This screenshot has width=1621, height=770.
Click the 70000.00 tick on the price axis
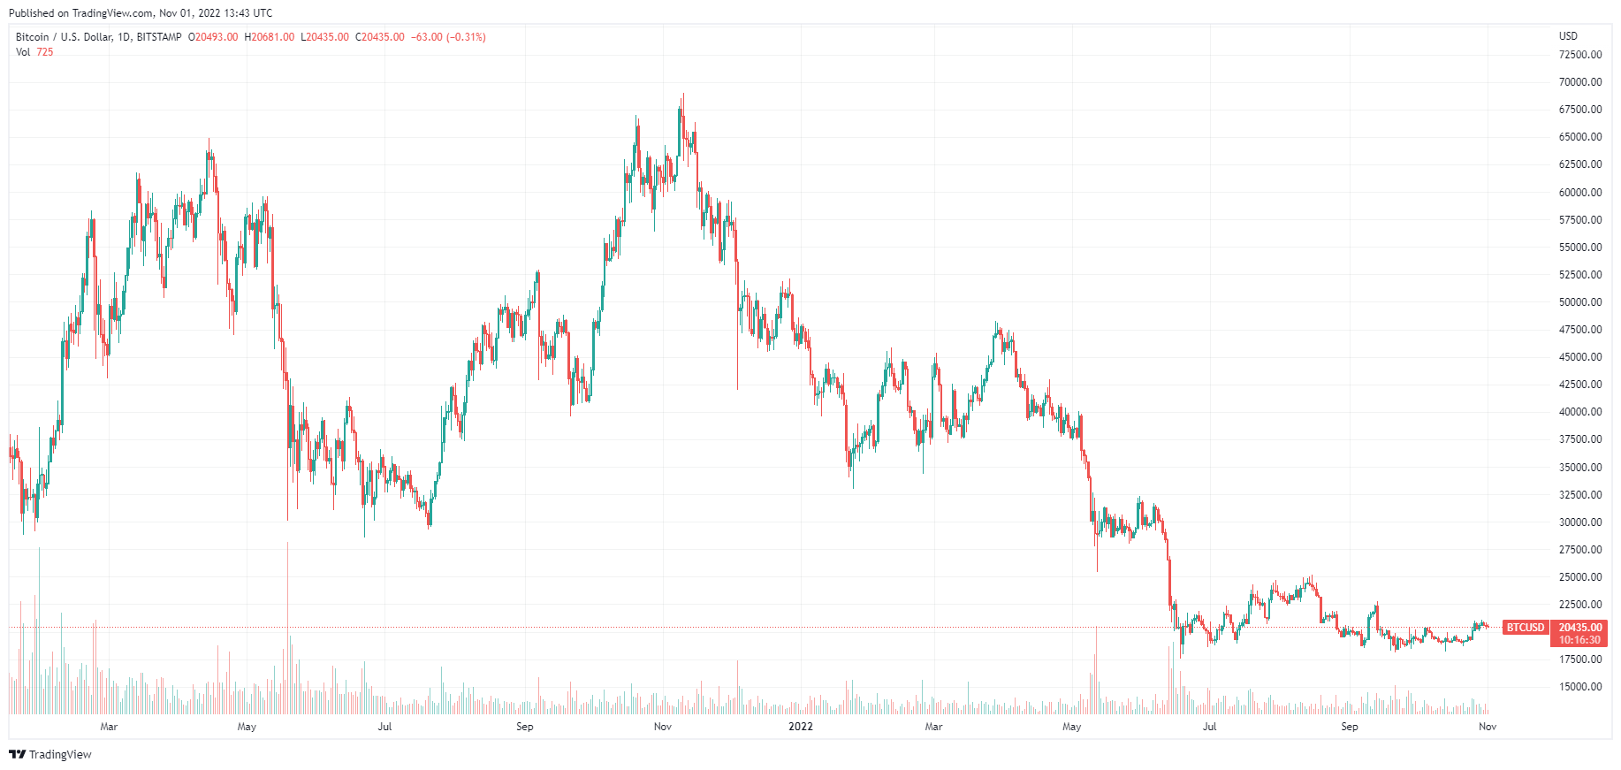point(1579,82)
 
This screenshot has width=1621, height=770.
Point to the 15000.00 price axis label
point(1579,687)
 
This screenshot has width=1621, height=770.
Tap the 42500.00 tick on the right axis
point(1579,385)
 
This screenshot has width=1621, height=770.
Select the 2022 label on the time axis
point(800,727)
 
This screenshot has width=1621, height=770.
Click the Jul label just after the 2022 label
point(1209,727)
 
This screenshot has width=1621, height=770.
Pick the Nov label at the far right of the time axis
point(1488,727)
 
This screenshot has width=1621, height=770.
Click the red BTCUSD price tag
point(1526,628)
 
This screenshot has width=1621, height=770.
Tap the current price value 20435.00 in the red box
point(1579,628)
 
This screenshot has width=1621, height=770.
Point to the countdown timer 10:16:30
point(1579,640)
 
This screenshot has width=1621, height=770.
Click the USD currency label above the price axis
point(1568,36)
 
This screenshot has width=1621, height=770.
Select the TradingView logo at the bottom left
point(50,754)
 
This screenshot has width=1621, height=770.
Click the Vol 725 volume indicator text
point(34,52)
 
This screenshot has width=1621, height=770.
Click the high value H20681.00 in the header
point(270,37)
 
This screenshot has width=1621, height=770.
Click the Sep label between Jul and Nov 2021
point(524,727)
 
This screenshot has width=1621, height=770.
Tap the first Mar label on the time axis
point(109,727)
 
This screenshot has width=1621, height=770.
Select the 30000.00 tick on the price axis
point(1579,522)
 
